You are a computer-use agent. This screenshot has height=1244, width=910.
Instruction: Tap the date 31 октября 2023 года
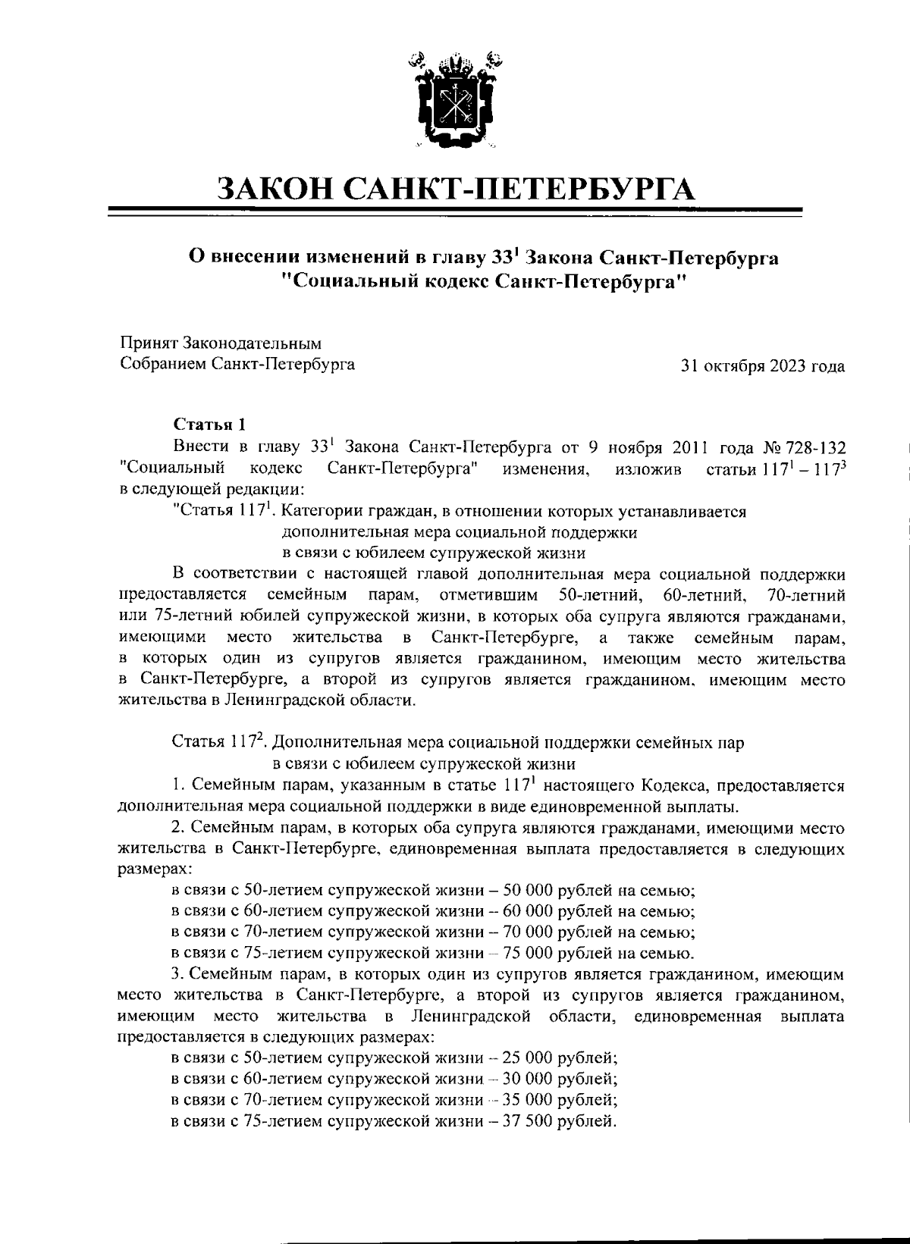click(x=763, y=367)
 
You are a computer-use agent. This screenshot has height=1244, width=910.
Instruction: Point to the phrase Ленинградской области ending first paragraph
click(x=319, y=701)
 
